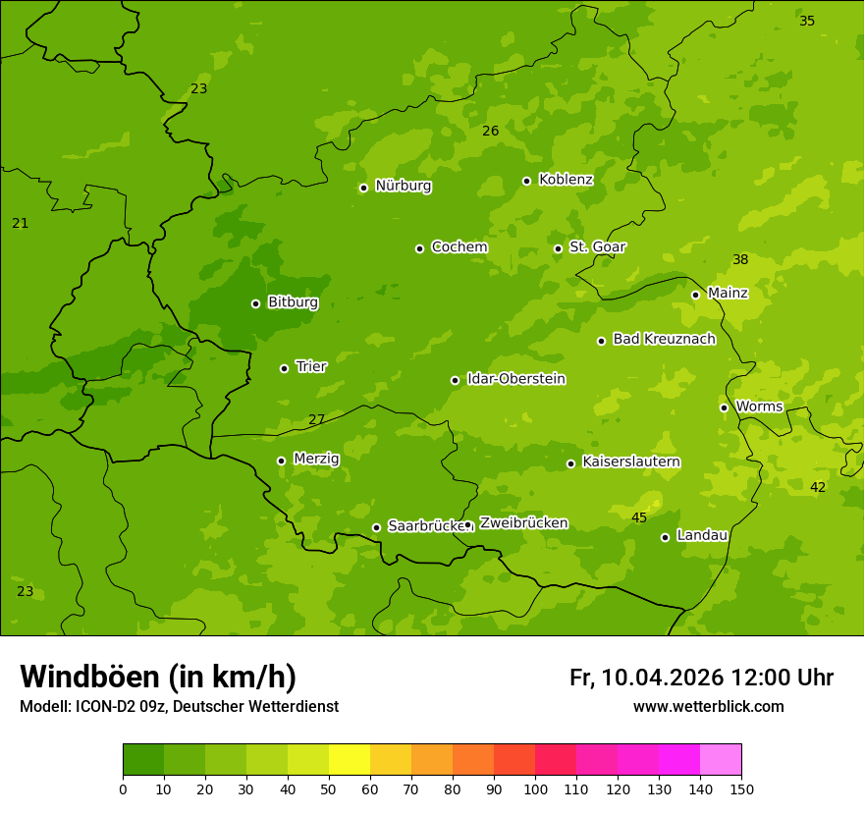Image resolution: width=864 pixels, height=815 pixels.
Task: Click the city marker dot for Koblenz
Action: click(x=526, y=181)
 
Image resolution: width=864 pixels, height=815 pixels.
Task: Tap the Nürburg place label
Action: click(x=403, y=186)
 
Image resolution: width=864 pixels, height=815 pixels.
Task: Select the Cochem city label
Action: click(x=459, y=246)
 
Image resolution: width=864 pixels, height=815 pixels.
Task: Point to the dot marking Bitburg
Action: click(x=255, y=303)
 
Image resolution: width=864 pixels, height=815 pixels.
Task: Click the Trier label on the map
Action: click(x=310, y=366)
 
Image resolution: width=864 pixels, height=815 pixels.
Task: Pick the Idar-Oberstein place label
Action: click(x=515, y=378)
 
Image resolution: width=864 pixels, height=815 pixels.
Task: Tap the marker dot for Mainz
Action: click(x=695, y=295)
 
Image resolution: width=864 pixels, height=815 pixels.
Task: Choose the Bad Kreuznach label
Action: click(x=664, y=339)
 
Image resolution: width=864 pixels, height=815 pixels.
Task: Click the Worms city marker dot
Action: click(x=724, y=407)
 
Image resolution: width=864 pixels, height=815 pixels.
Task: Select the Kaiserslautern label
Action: click(x=631, y=462)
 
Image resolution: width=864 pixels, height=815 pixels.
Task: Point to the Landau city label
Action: click(x=702, y=535)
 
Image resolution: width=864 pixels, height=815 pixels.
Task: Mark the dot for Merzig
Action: click(x=281, y=461)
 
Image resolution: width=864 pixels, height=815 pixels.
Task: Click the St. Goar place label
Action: click(x=597, y=246)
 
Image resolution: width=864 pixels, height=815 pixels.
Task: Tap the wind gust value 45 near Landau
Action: click(x=639, y=517)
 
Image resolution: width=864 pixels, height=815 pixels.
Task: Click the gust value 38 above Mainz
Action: click(x=740, y=260)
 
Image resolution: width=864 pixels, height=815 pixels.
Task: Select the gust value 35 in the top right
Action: click(x=807, y=21)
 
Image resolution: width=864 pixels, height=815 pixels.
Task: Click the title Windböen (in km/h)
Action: click(x=157, y=677)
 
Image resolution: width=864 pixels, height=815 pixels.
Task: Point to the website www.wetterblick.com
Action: click(x=708, y=706)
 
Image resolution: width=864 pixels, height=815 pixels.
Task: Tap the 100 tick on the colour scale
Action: click(x=535, y=788)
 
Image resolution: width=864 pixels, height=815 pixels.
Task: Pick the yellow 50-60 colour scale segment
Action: click(x=350, y=760)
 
